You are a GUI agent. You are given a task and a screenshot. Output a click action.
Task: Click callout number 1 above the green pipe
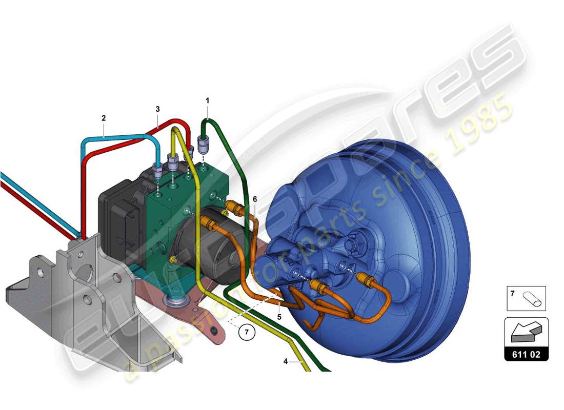pos(208,101)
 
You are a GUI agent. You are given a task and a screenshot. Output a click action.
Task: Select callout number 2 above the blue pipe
pos(104,118)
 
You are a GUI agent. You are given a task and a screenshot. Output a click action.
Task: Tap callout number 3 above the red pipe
pos(158,109)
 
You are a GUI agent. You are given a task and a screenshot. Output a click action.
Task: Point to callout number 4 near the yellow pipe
pos(286,361)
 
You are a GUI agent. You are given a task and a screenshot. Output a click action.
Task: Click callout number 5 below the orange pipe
pos(279,317)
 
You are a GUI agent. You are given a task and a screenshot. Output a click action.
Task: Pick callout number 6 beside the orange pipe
pos(255,199)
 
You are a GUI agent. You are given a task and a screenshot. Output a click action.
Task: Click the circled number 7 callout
pos(247,332)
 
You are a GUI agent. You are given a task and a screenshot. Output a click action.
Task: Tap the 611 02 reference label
pos(526,354)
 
